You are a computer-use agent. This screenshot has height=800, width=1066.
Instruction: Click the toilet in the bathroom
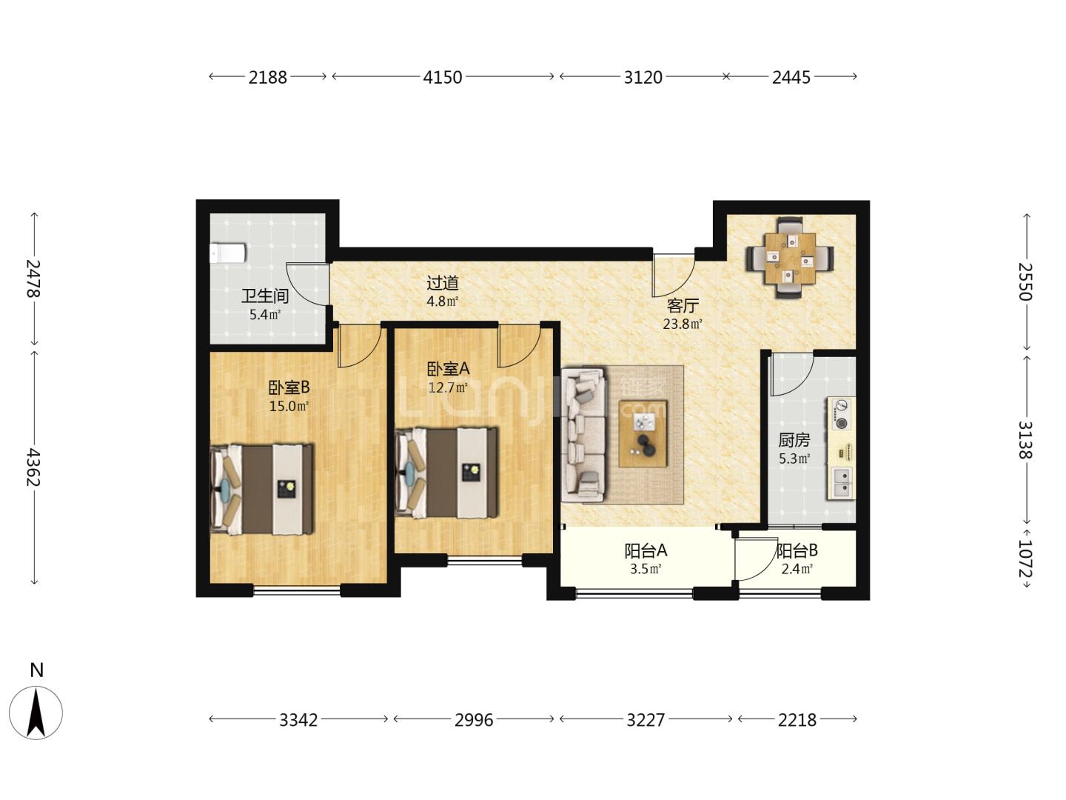(227, 253)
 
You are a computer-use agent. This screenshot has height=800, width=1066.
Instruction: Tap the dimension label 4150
(442, 77)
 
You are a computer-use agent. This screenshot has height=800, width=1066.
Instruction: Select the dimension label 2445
(791, 77)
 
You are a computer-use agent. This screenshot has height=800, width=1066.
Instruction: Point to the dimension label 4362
(34, 467)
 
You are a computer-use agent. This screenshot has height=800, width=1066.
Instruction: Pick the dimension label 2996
(474, 720)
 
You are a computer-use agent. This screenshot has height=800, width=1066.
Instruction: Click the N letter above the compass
(36, 670)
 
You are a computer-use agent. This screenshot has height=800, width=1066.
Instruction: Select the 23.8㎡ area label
(683, 324)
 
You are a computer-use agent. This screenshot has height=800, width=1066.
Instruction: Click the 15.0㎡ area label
(289, 406)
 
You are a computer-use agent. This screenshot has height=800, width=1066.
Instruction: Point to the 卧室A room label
(449, 369)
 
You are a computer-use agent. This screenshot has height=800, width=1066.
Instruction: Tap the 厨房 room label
(794, 440)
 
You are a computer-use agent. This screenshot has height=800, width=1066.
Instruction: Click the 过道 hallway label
(443, 283)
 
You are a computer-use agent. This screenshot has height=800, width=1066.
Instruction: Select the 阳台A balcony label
(646, 550)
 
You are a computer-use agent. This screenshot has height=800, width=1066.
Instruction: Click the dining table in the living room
(790, 259)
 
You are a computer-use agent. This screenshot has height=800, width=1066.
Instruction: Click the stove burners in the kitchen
(842, 414)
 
